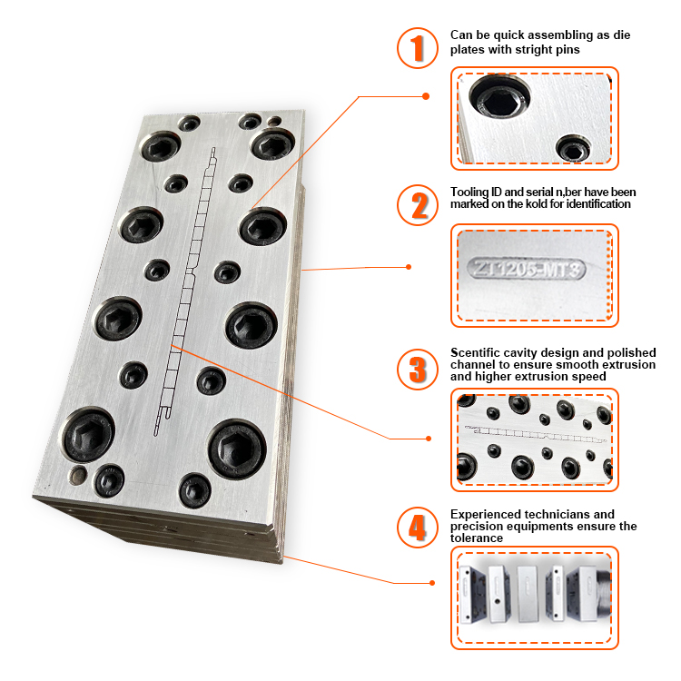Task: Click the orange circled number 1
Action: coord(417,48)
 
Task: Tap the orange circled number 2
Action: coord(417,205)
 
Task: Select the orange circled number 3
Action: coord(417,370)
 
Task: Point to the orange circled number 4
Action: coord(417,528)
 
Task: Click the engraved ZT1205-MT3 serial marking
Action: coord(527,269)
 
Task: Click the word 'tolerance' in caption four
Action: coord(477,538)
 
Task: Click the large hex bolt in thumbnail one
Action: coord(499,96)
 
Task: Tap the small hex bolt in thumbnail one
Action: coord(573,148)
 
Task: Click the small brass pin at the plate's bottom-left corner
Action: coord(79,474)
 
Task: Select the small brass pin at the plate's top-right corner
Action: coord(274,121)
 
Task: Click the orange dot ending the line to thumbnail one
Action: coord(426,96)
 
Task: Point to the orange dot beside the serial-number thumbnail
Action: coord(409,267)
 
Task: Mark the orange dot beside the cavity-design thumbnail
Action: coord(429,439)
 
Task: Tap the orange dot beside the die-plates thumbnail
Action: coord(431,583)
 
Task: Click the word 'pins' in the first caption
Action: coord(568,50)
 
